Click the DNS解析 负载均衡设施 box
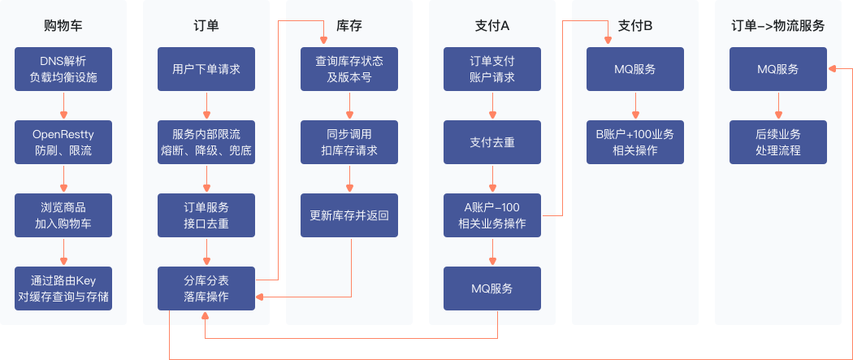coord(63,69)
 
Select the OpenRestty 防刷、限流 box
coord(63,142)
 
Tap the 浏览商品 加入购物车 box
coord(63,215)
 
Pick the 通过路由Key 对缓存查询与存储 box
coord(63,288)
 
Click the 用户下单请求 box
coord(206,69)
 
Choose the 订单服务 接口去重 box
coord(206,215)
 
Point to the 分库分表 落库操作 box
coord(206,288)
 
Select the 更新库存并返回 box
coord(349,215)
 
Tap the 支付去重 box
coord(492,142)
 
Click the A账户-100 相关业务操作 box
coord(492,215)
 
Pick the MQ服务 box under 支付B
coord(635,69)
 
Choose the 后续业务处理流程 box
coord(778,142)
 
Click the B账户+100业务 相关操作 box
coord(635,142)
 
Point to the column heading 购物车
coord(63,25)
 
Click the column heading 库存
coord(349,25)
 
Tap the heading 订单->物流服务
coord(778,25)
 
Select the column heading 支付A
coord(492,25)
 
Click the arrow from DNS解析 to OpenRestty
coord(63,106)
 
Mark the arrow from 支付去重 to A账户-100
coord(492,179)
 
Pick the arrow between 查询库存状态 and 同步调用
coord(349,106)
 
